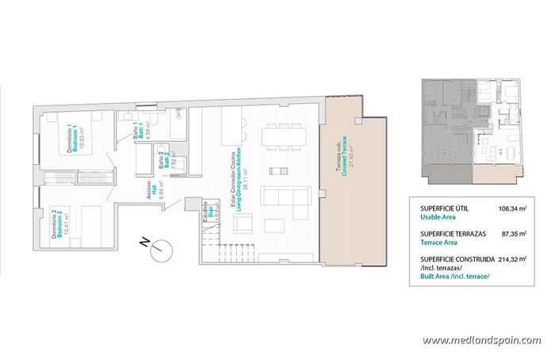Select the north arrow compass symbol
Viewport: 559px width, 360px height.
(163, 247)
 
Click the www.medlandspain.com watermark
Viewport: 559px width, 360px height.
(481, 340)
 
